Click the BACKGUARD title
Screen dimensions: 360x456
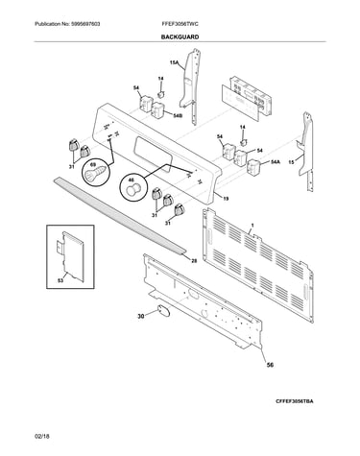180,36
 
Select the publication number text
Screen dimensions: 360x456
67,24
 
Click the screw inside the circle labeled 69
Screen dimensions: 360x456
95,173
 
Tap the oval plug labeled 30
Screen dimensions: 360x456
162,311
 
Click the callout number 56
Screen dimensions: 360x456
270,365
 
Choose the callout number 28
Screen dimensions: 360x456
194,261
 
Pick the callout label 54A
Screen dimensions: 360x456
276,162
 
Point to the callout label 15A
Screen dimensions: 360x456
174,63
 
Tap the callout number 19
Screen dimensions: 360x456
226,199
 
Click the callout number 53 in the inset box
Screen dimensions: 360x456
60,280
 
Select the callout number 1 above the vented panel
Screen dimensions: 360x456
252,226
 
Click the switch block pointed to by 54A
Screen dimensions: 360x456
254,166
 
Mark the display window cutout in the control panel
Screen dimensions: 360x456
153,152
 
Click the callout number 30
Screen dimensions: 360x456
141,317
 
